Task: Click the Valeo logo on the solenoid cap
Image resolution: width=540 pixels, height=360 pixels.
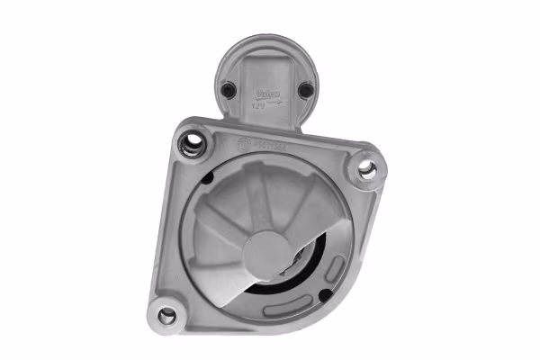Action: click(268, 93)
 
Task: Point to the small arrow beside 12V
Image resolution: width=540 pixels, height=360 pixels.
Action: click(275, 103)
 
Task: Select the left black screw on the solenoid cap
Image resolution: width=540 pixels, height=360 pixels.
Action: click(229, 88)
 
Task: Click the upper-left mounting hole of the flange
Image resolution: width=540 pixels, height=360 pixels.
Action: click(190, 142)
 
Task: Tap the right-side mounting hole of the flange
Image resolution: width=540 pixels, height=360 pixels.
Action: click(366, 166)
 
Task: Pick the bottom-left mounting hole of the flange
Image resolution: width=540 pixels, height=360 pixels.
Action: click(166, 315)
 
